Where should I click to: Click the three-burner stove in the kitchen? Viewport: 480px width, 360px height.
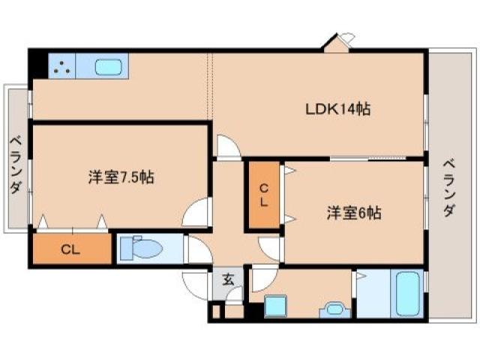coord(62,66)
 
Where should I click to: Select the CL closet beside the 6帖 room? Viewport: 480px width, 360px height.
coord(264,195)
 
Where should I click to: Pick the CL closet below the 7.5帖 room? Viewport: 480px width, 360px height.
coord(71,249)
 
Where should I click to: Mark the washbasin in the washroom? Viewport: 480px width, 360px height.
coord(333,309)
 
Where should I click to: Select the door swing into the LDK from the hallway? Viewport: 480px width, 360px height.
coord(228,146)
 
